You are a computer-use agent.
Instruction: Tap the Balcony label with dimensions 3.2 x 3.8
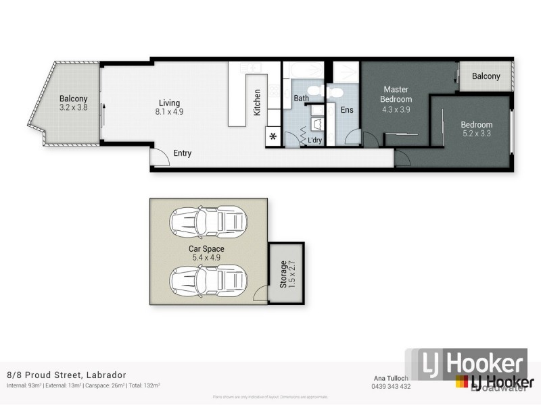[73, 99]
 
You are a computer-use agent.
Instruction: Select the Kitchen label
[257, 103]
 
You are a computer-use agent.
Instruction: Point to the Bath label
[301, 99]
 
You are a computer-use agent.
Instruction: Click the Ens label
[347, 110]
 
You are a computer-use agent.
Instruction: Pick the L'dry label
[315, 140]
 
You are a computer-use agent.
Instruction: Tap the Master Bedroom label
[396, 94]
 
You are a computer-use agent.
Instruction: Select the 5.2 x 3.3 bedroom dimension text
[477, 134]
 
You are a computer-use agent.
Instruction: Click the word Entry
[183, 153]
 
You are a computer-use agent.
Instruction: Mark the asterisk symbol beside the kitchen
[273, 137]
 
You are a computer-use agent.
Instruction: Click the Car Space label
[206, 249]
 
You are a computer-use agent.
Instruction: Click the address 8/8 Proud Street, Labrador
[66, 375]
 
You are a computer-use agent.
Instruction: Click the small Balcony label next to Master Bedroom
[486, 76]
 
